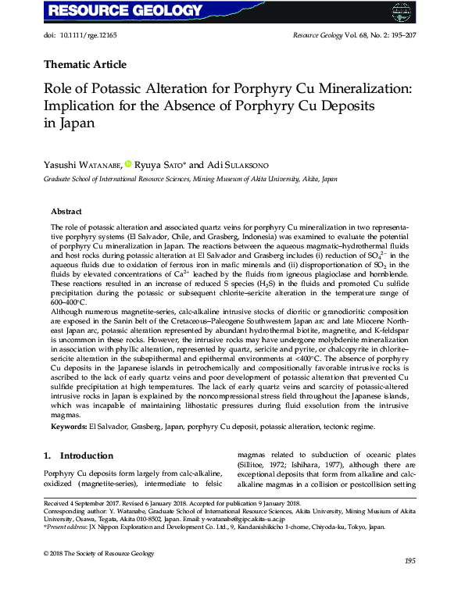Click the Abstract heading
(x=67, y=212)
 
